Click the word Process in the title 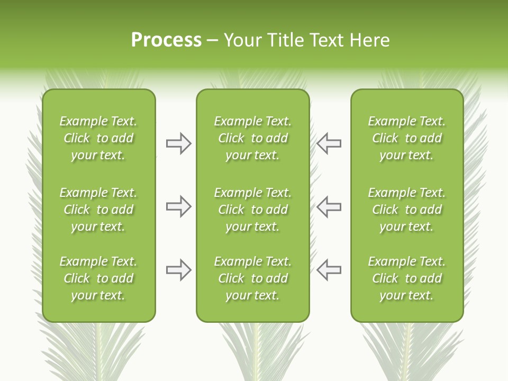pyautogui.click(x=166, y=40)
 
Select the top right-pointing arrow pyautogui.click(x=178, y=143)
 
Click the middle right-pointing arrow pyautogui.click(x=178, y=207)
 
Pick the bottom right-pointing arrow pyautogui.click(x=178, y=270)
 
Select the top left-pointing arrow pyautogui.click(x=329, y=143)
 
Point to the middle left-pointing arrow pyautogui.click(x=329, y=207)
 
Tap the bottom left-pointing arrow pyautogui.click(x=329, y=270)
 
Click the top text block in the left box pyautogui.click(x=98, y=138)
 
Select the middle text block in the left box pyautogui.click(x=98, y=210)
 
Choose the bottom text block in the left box pyautogui.click(x=98, y=278)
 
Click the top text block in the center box pyautogui.click(x=252, y=138)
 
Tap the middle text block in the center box pyautogui.click(x=252, y=210)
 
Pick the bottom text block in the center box pyautogui.click(x=252, y=278)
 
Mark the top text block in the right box pyautogui.click(x=406, y=138)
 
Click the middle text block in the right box pyautogui.click(x=406, y=210)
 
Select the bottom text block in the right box pyautogui.click(x=406, y=278)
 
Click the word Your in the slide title pyautogui.click(x=242, y=40)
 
